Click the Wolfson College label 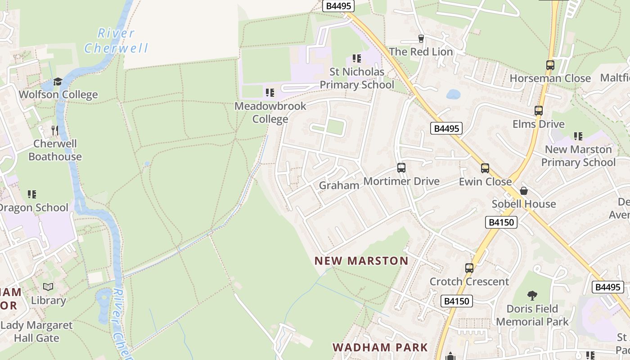click(x=58, y=94)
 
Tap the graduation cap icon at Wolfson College click(x=58, y=81)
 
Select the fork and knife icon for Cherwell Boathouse click(x=55, y=130)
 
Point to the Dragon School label click(x=34, y=207)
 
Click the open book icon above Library click(x=48, y=287)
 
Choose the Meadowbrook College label click(x=270, y=112)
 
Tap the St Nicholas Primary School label click(x=357, y=78)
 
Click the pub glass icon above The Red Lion click(x=421, y=39)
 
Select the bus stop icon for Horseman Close click(x=550, y=65)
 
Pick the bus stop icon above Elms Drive click(x=538, y=110)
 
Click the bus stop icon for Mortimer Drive click(x=401, y=168)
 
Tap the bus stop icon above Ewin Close click(x=485, y=168)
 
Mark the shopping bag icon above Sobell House click(x=523, y=191)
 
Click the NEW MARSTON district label click(x=361, y=261)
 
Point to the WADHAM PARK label click(x=380, y=347)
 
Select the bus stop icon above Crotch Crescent click(x=469, y=268)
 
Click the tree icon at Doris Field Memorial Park click(x=532, y=296)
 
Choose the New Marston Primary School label click(x=578, y=156)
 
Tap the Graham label click(x=339, y=185)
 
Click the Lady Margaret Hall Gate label click(x=36, y=331)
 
